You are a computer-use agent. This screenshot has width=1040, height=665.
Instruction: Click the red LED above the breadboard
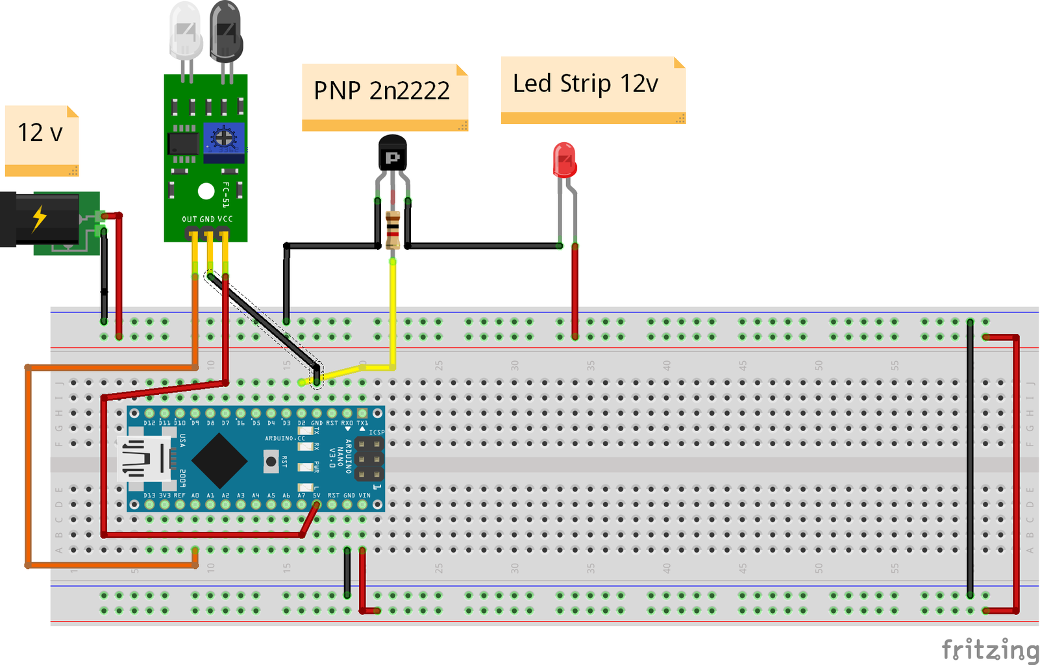[564, 160]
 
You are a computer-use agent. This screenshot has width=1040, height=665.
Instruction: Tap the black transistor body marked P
[392, 154]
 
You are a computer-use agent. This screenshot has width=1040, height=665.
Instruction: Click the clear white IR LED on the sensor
[185, 32]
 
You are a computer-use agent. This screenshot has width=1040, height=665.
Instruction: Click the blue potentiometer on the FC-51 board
[224, 138]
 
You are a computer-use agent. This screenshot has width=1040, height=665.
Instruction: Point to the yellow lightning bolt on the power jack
[40, 218]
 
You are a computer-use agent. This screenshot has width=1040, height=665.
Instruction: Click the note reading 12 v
[42, 140]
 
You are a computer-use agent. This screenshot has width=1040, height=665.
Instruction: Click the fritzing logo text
[989, 649]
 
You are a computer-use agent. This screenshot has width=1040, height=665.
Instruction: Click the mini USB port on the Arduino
[143, 459]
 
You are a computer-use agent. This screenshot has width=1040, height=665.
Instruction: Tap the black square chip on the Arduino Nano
[219, 460]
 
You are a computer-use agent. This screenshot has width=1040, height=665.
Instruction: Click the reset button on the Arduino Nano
[271, 461]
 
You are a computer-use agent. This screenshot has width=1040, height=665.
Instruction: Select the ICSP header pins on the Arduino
[369, 460]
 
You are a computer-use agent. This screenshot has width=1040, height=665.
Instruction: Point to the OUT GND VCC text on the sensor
[206, 220]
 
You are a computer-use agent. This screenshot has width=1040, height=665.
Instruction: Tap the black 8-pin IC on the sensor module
[183, 144]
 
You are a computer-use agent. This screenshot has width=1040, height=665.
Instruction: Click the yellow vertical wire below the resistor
[393, 312]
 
